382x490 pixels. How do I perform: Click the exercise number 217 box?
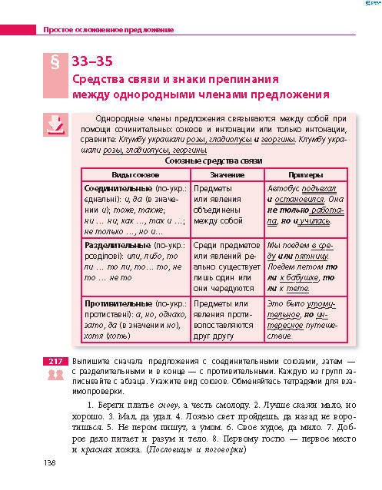point(55,360)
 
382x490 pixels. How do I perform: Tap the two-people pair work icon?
point(55,374)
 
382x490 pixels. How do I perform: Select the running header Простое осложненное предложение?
point(108,31)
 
